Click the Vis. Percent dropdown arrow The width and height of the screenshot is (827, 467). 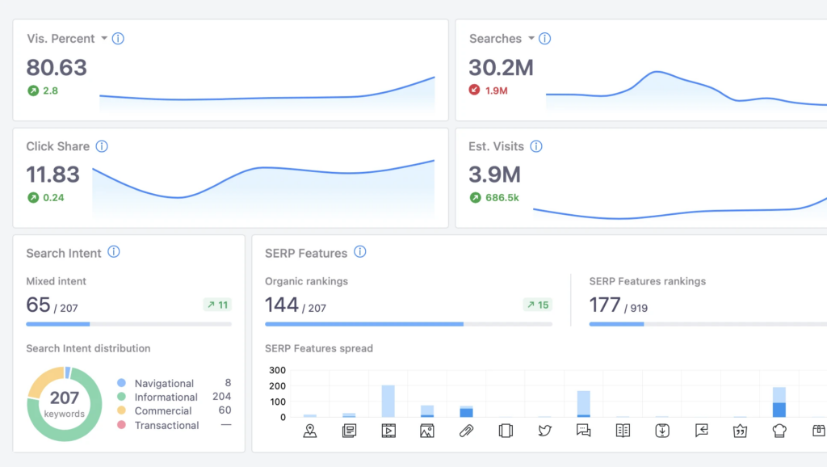coord(104,39)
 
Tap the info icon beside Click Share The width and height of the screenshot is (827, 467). coord(102,146)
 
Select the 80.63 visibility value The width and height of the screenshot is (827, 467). coord(57,67)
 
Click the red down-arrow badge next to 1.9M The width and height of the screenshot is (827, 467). coord(475,90)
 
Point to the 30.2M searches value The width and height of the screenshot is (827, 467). coord(501,67)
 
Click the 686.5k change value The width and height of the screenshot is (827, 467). coord(502,197)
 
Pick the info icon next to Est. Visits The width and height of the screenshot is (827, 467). coord(536,146)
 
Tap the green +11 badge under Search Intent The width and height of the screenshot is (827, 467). coord(216,305)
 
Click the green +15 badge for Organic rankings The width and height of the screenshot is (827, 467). coord(537,305)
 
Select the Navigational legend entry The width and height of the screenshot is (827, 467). coord(164,383)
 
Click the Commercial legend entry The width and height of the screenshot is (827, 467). coord(162,410)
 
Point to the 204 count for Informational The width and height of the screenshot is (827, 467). coord(221,397)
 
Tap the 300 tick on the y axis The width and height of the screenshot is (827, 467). coord(277,371)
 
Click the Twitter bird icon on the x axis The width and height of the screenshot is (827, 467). coord(544,431)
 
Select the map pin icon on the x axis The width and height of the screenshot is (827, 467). coord(310,431)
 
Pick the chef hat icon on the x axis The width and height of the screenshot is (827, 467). coord(779,431)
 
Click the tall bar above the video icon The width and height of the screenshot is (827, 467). coord(388,401)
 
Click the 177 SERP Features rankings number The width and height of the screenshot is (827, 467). coord(605,305)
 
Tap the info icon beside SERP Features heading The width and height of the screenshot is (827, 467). coord(360,252)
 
